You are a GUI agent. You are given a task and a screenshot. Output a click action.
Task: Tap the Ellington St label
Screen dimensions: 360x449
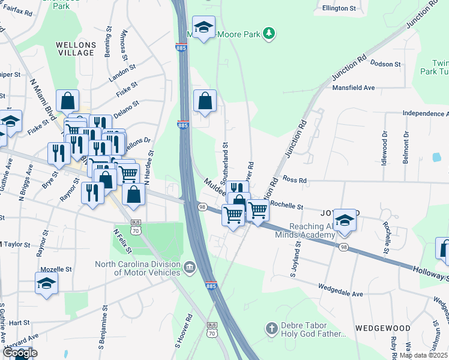339,8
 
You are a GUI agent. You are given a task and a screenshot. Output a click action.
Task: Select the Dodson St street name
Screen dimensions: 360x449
385,64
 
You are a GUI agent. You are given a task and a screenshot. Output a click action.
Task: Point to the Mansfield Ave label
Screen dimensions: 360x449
353,88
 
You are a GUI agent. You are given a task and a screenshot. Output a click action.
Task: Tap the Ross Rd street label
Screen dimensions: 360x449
295,179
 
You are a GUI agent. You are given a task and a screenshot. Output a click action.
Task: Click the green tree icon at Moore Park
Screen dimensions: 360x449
270,34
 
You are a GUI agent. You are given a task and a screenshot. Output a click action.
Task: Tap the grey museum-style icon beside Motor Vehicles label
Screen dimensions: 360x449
190,267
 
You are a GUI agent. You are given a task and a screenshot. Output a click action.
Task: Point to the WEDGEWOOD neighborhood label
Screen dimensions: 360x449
382,328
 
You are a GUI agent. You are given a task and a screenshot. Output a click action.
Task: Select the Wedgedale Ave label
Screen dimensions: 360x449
340,294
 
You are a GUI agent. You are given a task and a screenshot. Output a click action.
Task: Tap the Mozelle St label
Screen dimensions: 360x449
56,270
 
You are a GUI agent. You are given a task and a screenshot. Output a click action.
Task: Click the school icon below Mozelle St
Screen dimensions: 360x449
46,283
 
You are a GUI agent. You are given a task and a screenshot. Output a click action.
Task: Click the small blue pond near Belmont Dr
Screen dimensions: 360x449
436,157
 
